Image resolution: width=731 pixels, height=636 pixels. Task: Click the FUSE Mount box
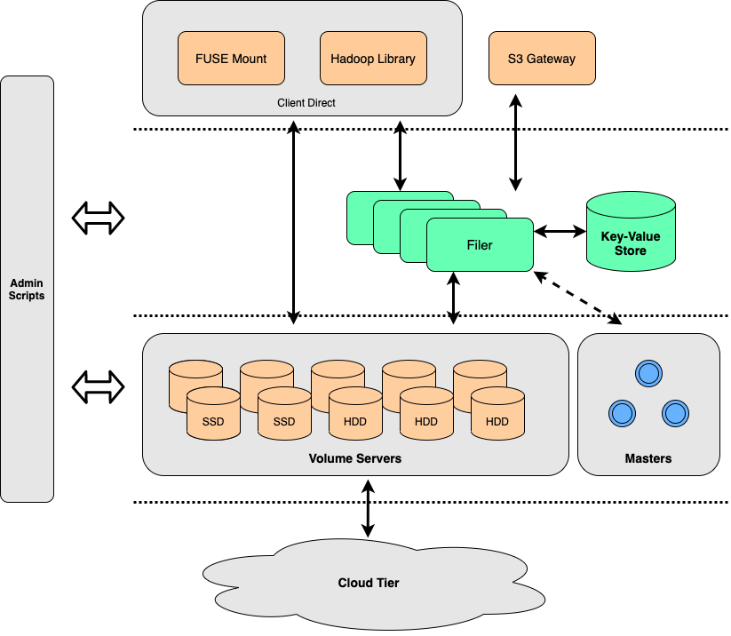[x=231, y=59]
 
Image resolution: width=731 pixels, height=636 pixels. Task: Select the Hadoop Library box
[x=373, y=59]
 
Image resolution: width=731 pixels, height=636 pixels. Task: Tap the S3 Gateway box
[x=542, y=59]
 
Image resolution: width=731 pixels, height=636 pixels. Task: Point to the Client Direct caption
[x=306, y=103]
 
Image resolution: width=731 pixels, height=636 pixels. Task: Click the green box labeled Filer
[x=480, y=245]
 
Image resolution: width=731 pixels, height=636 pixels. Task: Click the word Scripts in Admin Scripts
[x=27, y=296]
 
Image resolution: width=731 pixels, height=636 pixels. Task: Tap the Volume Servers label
[x=355, y=458]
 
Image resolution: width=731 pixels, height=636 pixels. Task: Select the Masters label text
[x=648, y=458]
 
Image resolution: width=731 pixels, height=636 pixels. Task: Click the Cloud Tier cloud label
[x=369, y=583]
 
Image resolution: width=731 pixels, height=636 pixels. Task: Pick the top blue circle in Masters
[x=649, y=373]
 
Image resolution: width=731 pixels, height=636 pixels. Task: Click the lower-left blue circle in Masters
[x=622, y=413]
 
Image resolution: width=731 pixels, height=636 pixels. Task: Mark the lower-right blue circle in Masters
[x=676, y=413]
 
